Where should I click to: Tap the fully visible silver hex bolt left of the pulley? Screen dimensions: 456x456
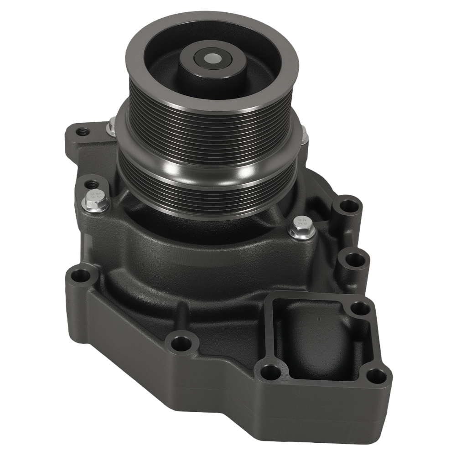(95, 201)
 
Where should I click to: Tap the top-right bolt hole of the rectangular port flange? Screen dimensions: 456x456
(361, 308)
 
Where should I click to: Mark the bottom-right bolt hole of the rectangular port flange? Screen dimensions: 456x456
(377, 377)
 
